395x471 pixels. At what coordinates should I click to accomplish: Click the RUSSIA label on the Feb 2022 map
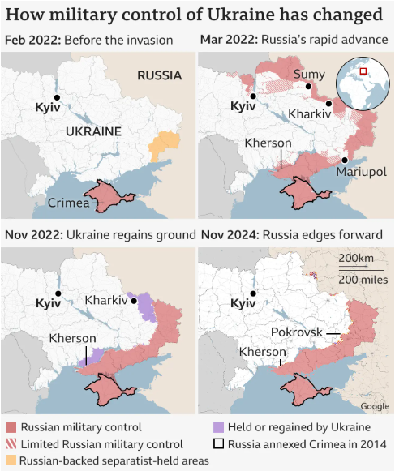(x=159, y=75)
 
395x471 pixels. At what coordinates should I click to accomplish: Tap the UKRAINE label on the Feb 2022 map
(x=93, y=131)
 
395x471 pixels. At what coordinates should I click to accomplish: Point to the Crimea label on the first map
(x=68, y=203)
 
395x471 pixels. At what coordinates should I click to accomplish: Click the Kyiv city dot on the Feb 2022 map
(x=58, y=96)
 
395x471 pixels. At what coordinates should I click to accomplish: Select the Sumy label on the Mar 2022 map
(x=308, y=75)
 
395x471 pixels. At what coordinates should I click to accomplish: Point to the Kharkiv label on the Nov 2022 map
(x=106, y=300)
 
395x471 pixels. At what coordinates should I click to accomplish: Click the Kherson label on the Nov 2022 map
(x=73, y=338)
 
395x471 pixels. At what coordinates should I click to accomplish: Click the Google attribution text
(x=375, y=406)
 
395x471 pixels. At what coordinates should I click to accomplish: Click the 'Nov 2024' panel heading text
(x=227, y=235)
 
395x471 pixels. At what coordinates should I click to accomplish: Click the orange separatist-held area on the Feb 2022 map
(x=165, y=146)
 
